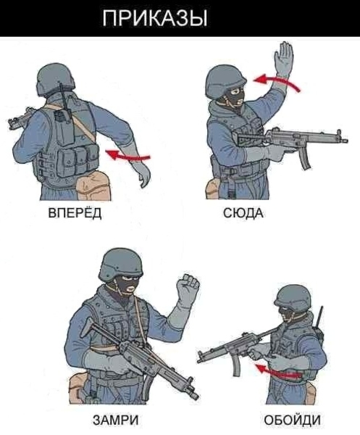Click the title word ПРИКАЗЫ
coord(154,18)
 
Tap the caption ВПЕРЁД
coord(75,213)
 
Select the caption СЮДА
coord(243,213)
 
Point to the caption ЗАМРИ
coord(116,420)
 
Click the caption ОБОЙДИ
coord(292,420)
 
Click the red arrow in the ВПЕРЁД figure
coord(128,155)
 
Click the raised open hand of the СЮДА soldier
coord(283,58)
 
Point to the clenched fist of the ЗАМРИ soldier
coord(188,289)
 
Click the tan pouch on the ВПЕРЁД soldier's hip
coord(93,186)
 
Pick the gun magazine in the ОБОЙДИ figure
coord(237,366)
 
